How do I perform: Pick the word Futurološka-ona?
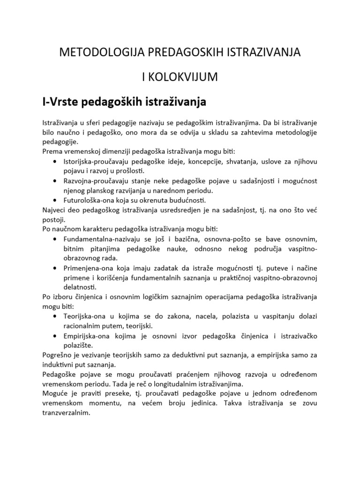[91, 200]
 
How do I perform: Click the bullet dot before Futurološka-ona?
[55, 200]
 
